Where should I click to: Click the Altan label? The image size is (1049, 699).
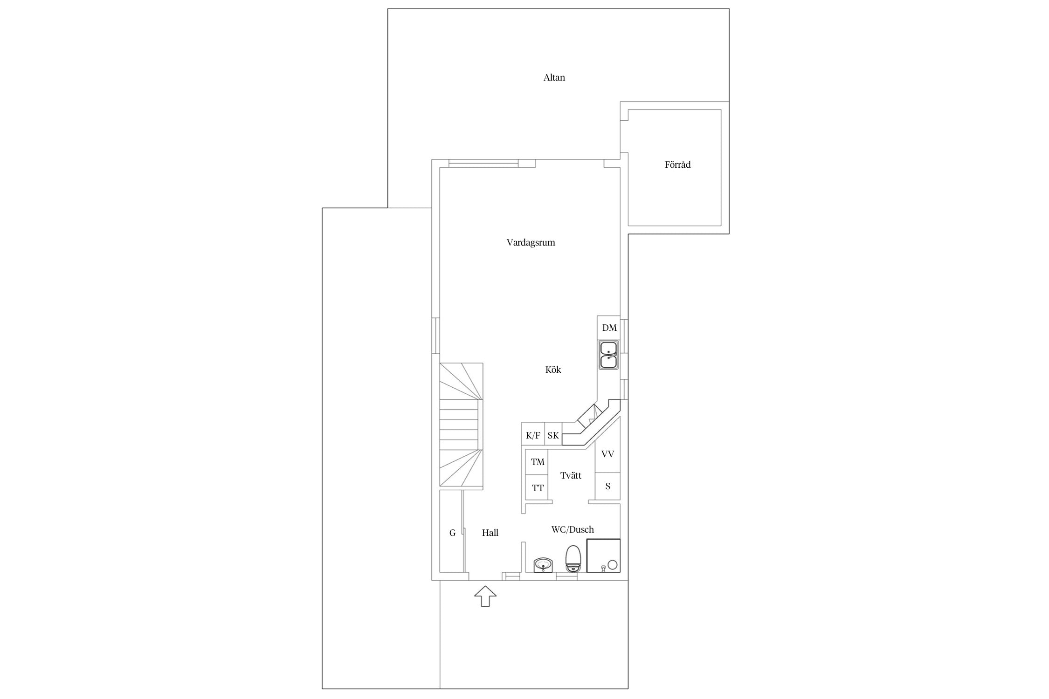(x=554, y=77)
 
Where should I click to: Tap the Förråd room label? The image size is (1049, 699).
(x=677, y=164)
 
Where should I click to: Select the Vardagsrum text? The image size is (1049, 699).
(x=531, y=242)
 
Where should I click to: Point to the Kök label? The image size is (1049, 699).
(x=553, y=370)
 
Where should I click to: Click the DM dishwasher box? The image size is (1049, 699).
(x=609, y=328)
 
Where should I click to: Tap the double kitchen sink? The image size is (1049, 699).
(x=609, y=355)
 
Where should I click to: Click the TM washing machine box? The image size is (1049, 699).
(x=537, y=462)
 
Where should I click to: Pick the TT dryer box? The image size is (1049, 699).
(x=537, y=487)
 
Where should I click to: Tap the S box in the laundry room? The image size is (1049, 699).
(x=607, y=486)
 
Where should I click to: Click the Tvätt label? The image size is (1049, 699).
(x=571, y=475)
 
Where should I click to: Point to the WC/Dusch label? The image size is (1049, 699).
(x=573, y=529)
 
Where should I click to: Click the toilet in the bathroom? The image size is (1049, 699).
(x=573, y=559)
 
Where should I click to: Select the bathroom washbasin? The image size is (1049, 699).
(x=543, y=565)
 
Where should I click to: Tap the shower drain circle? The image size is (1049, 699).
(x=612, y=565)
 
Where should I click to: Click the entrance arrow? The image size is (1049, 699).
(x=485, y=596)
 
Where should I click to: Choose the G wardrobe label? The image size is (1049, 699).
(x=452, y=533)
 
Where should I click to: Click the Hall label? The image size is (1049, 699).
(x=490, y=533)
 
